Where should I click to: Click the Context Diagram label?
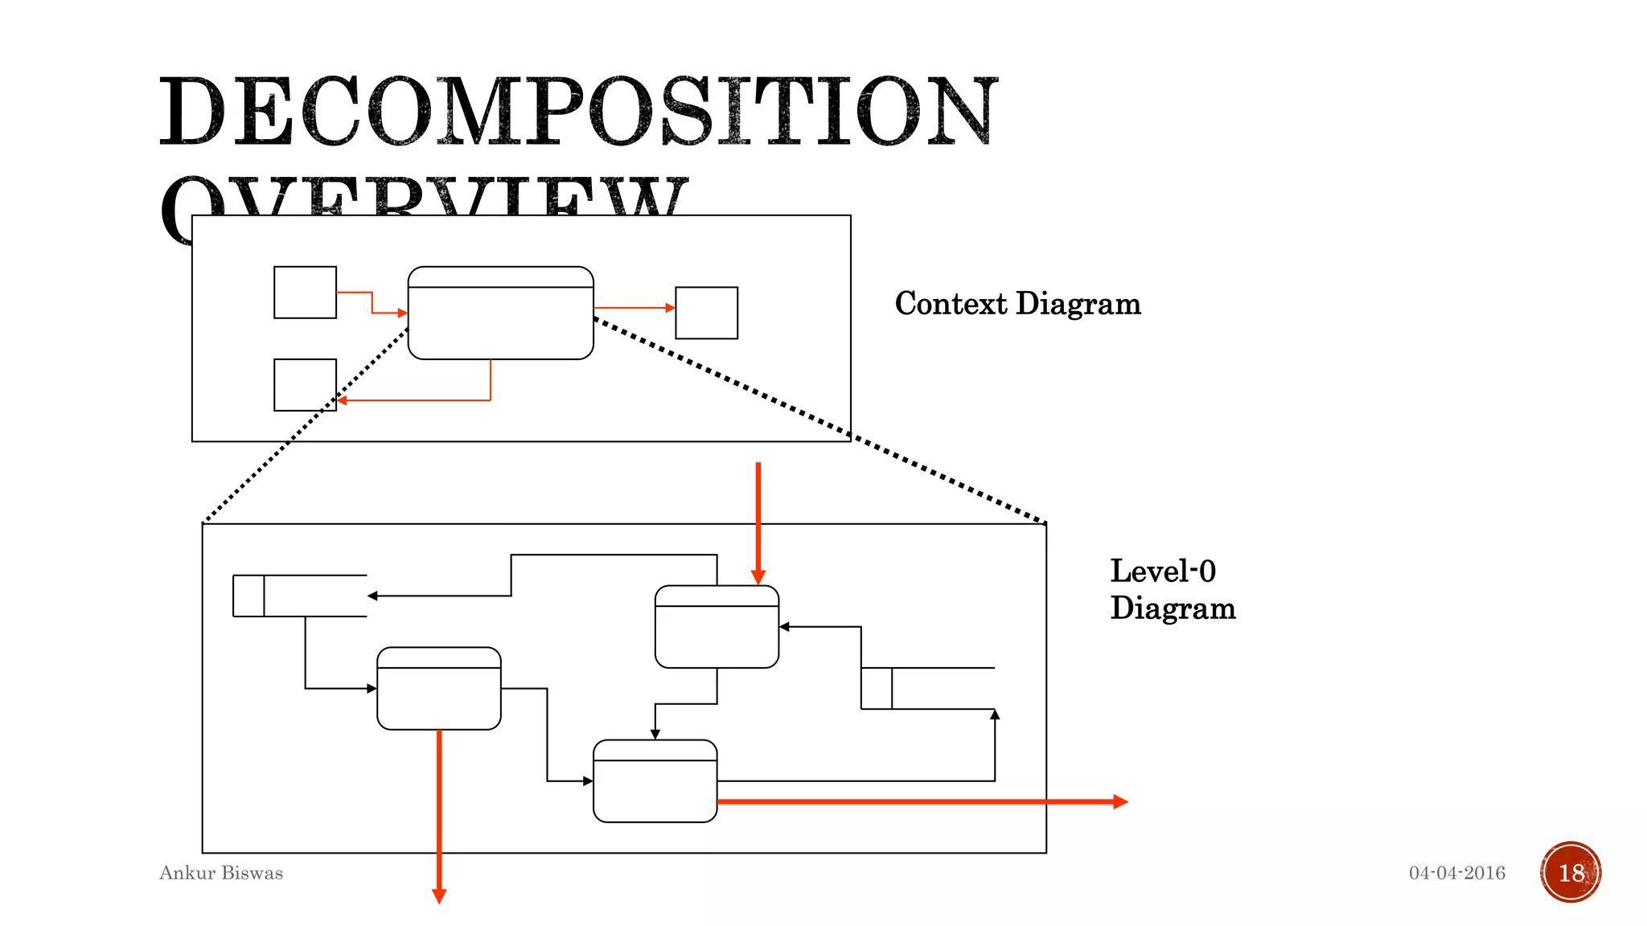click(1017, 304)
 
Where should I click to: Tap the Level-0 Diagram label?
click(1172, 589)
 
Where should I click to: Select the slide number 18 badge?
click(1571, 872)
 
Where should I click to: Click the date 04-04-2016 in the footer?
click(1456, 873)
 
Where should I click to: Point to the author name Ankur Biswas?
click(221, 873)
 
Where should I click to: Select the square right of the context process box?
click(706, 313)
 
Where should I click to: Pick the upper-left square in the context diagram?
click(305, 293)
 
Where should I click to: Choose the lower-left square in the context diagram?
click(305, 385)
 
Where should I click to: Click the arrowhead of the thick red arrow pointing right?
click(1121, 801)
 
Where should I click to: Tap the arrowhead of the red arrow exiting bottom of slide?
click(439, 895)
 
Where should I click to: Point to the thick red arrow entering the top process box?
click(758, 522)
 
